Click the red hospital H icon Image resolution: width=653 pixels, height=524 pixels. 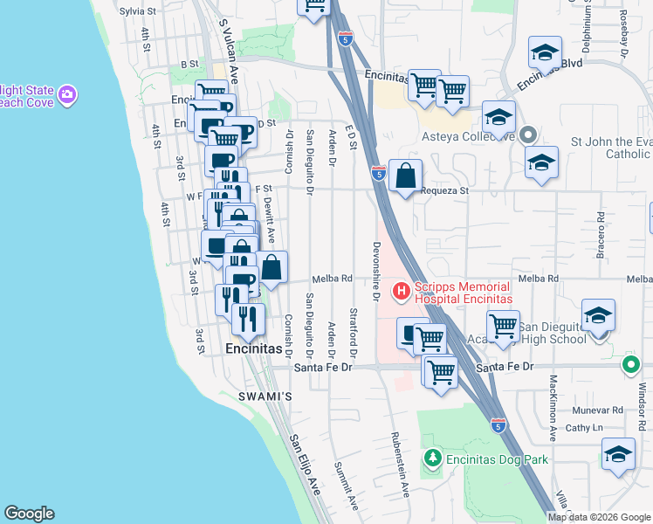(x=402, y=290)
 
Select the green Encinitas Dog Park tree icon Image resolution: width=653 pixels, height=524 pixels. (x=432, y=458)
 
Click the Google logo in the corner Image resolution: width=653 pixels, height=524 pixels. (x=29, y=514)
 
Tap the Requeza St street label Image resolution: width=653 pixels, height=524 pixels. (x=444, y=190)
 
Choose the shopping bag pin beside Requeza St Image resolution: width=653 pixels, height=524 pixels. (x=406, y=176)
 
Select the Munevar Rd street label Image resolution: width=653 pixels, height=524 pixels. (x=598, y=410)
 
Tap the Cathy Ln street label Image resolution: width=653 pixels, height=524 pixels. (x=584, y=428)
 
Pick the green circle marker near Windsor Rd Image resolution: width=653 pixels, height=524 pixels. (x=629, y=365)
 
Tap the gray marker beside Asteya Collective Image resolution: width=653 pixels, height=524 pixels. (x=527, y=134)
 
